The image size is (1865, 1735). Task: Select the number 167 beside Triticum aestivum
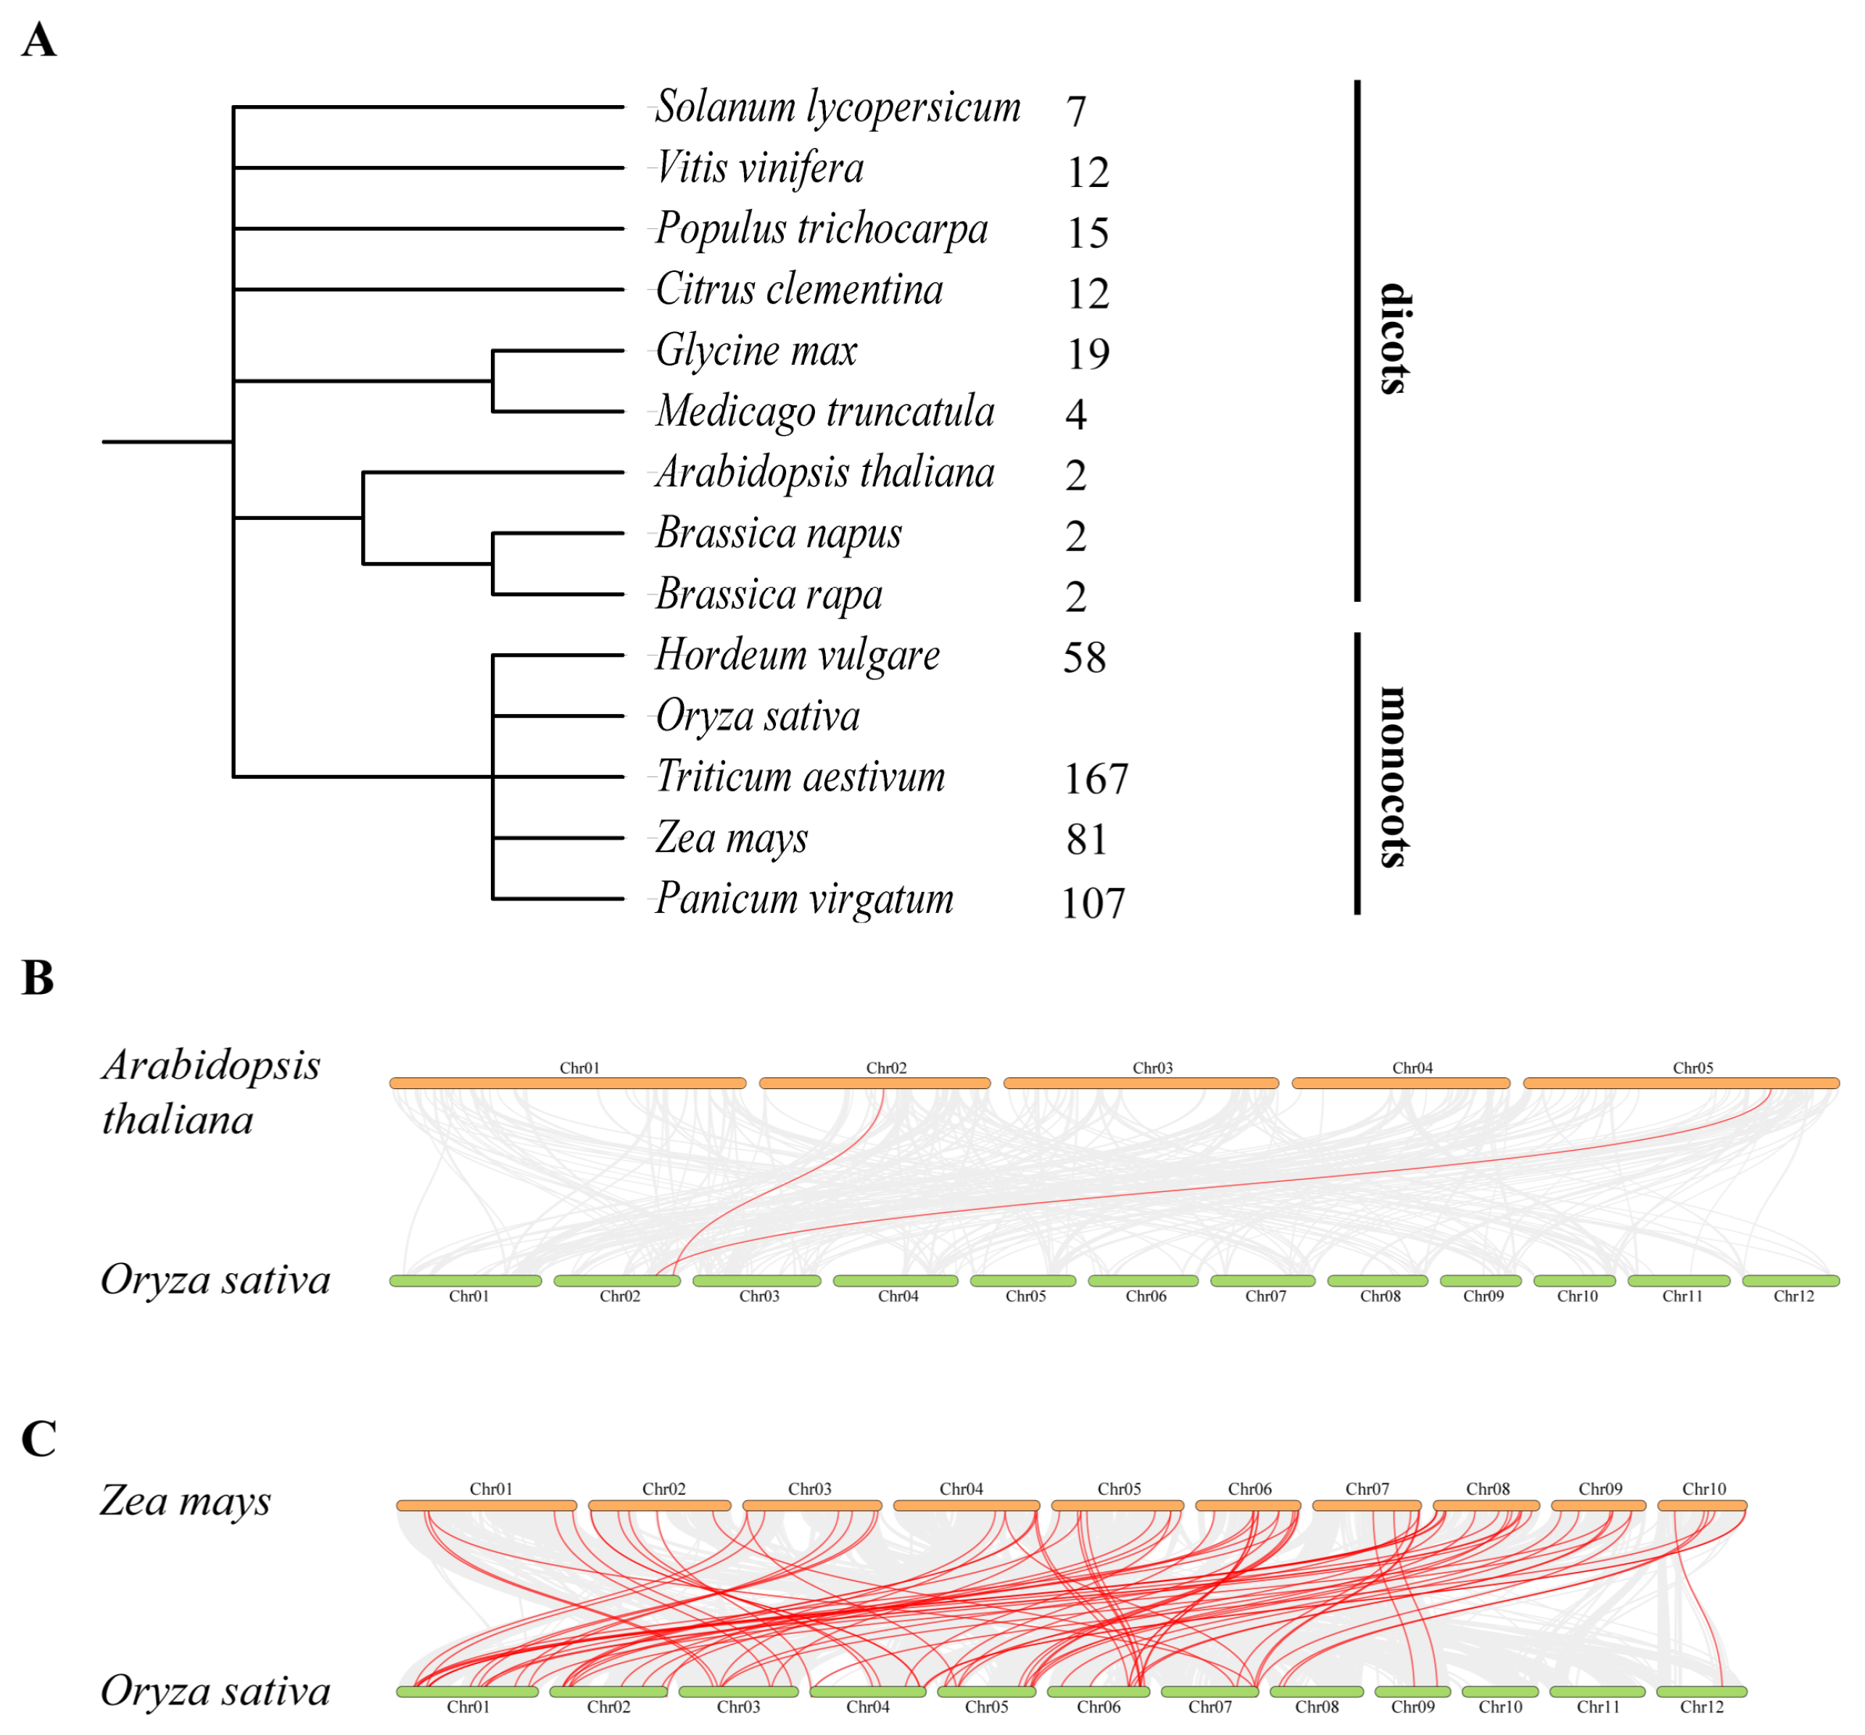[x=1095, y=779]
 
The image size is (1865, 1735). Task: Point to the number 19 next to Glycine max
[x=1087, y=354]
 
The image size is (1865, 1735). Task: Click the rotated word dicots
[x=1395, y=339]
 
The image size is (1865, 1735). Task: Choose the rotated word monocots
[x=1395, y=777]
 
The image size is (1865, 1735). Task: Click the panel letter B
[x=38, y=978]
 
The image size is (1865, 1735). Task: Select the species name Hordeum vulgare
[x=796, y=655]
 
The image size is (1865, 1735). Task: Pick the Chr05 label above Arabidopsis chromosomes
[x=1692, y=1067]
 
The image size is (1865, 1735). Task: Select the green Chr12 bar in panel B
[x=1790, y=1280]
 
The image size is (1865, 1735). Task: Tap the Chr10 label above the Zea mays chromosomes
[x=1703, y=1488]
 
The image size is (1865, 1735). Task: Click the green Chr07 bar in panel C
[x=1209, y=1691]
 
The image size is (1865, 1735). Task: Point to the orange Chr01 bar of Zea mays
[x=486, y=1505]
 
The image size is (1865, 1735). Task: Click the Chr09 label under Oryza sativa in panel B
[x=1482, y=1296]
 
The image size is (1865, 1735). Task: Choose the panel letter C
[x=38, y=1438]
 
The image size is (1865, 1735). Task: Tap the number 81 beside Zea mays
[x=1085, y=840]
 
